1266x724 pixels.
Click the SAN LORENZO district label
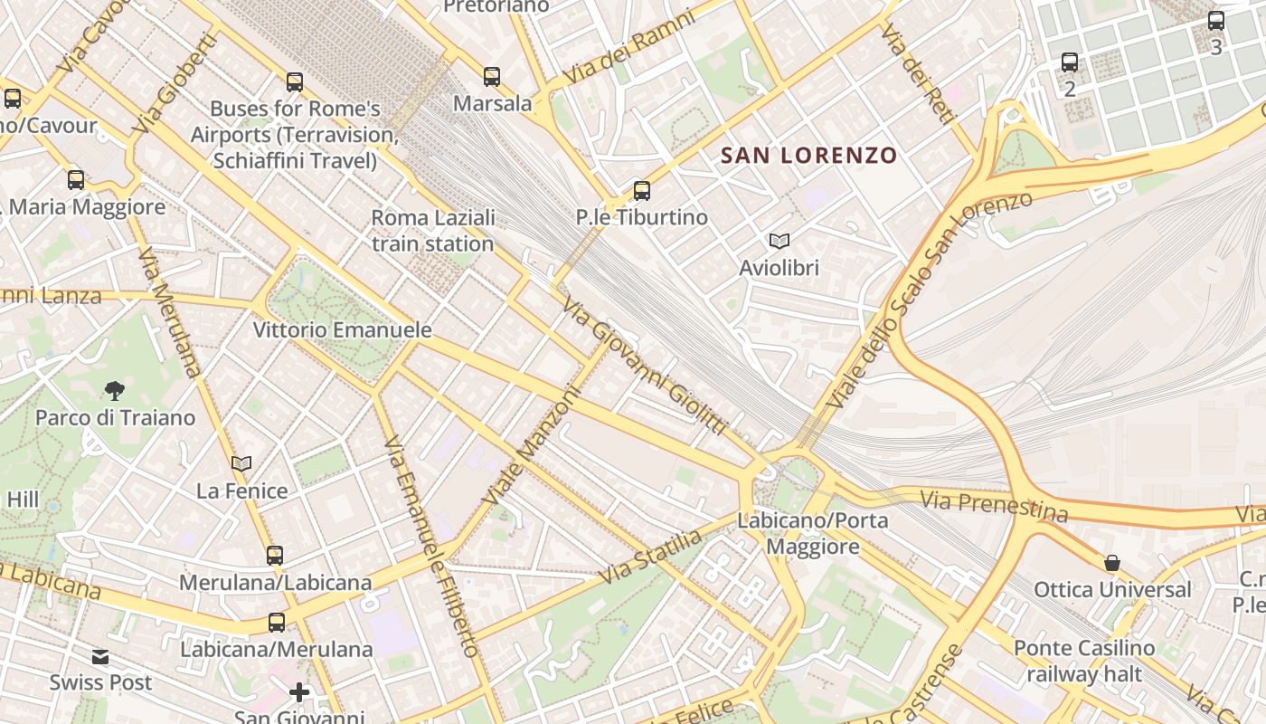(808, 156)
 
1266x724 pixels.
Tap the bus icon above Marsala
(491, 77)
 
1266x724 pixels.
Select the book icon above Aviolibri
(779, 241)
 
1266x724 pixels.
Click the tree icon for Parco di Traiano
(114, 391)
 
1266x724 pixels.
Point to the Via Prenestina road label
(994, 506)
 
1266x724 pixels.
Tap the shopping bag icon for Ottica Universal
(1111, 563)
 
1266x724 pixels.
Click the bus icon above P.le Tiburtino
(641, 191)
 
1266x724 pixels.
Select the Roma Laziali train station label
(433, 231)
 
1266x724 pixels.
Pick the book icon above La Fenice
(241, 464)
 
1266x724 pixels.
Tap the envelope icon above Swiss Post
(100, 656)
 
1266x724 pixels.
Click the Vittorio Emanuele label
(342, 329)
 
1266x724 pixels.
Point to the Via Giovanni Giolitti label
(644, 367)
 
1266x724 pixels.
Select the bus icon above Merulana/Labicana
(275, 556)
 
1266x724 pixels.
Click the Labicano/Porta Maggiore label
(813, 534)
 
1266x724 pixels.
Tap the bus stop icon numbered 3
(1216, 21)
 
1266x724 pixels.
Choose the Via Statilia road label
(650, 557)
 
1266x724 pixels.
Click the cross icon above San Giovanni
(299, 693)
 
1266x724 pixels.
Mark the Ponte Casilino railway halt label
(1084, 661)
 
